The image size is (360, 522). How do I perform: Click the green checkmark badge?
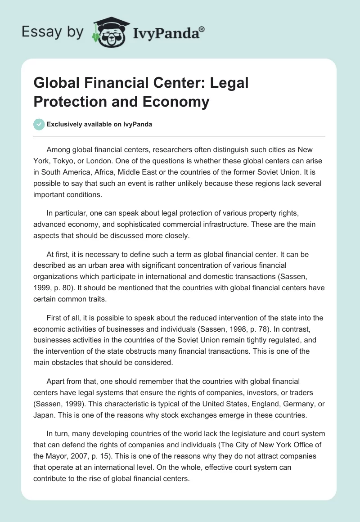(39, 124)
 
